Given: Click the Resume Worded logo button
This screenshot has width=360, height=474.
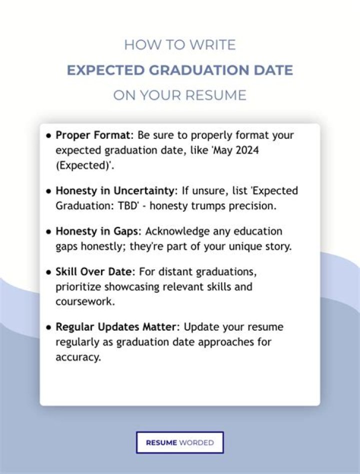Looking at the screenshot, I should coord(179,443).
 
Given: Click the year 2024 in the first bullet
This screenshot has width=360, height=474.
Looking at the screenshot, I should coord(247,150).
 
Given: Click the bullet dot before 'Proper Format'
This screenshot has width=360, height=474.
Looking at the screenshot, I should coord(49,136).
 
